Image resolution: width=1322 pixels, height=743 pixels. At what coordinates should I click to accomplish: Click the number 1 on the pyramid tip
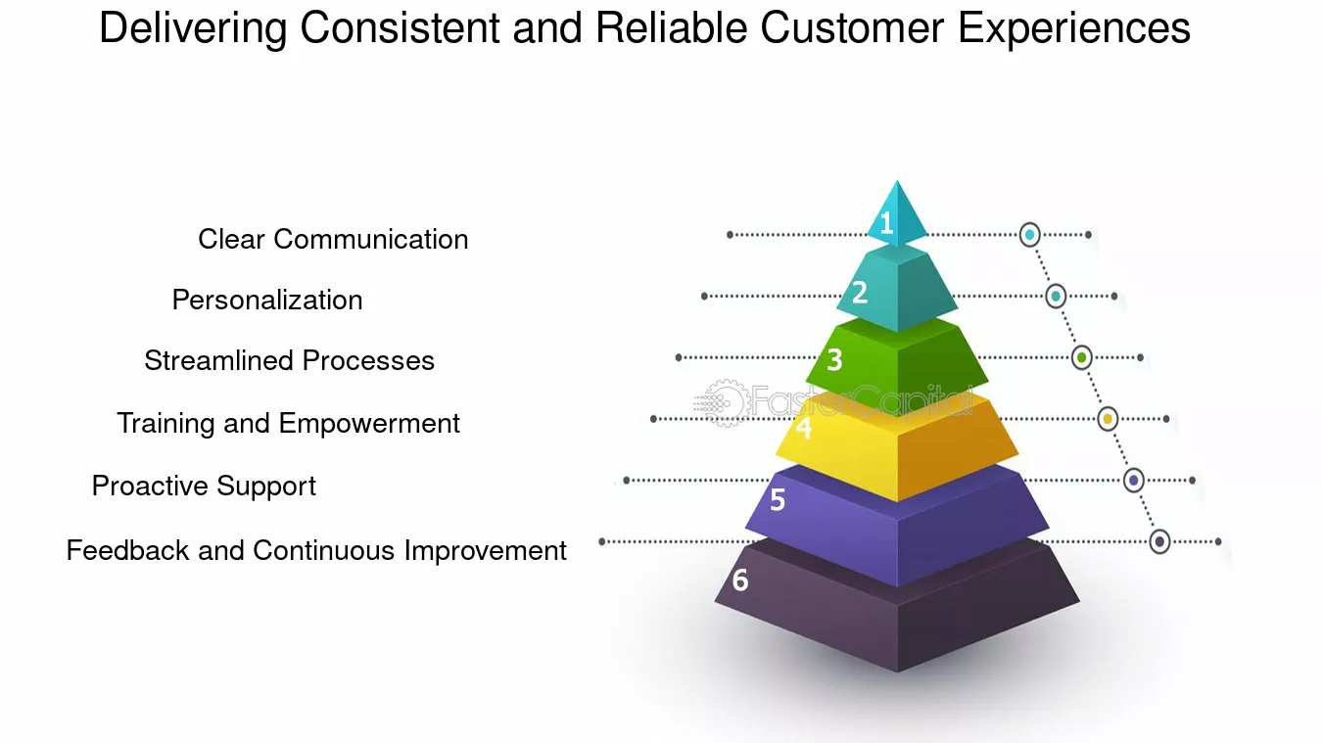coord(886,224)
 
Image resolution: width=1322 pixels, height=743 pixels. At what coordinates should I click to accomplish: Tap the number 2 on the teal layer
coord(860,292)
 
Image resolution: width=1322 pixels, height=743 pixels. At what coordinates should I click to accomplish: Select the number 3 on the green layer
coord(834,360)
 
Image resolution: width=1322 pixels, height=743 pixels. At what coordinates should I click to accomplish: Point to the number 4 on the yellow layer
coord(804,428)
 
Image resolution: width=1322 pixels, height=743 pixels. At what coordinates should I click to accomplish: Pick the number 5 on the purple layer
coord(778,500)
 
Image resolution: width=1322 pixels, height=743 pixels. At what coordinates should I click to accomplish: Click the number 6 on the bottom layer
coord(740,580)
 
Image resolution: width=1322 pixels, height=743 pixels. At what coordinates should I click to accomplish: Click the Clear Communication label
coord(333,239)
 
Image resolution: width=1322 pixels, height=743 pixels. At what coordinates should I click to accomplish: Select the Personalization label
coord(267,300)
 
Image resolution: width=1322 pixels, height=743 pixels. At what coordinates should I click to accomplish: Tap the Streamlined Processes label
coord(289,360)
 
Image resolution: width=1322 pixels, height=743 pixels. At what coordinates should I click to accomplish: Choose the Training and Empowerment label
coord(288,423)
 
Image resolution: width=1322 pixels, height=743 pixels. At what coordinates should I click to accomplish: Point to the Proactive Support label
coord(204,486)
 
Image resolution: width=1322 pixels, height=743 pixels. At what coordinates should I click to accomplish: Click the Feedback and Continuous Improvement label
coord(316,550)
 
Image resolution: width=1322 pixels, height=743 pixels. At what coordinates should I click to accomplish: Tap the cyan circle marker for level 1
coord(1029,235)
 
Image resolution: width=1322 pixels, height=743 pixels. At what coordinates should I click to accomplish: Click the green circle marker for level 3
coord(1081,357)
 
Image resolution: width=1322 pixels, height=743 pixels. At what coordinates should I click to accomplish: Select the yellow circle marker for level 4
coord(1108,419)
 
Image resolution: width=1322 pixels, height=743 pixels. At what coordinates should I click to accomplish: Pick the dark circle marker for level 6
coord(1159,541)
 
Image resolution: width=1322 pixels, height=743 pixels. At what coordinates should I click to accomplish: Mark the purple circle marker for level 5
coord(1133,480)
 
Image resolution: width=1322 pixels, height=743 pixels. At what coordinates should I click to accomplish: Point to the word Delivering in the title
coord(193,28)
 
